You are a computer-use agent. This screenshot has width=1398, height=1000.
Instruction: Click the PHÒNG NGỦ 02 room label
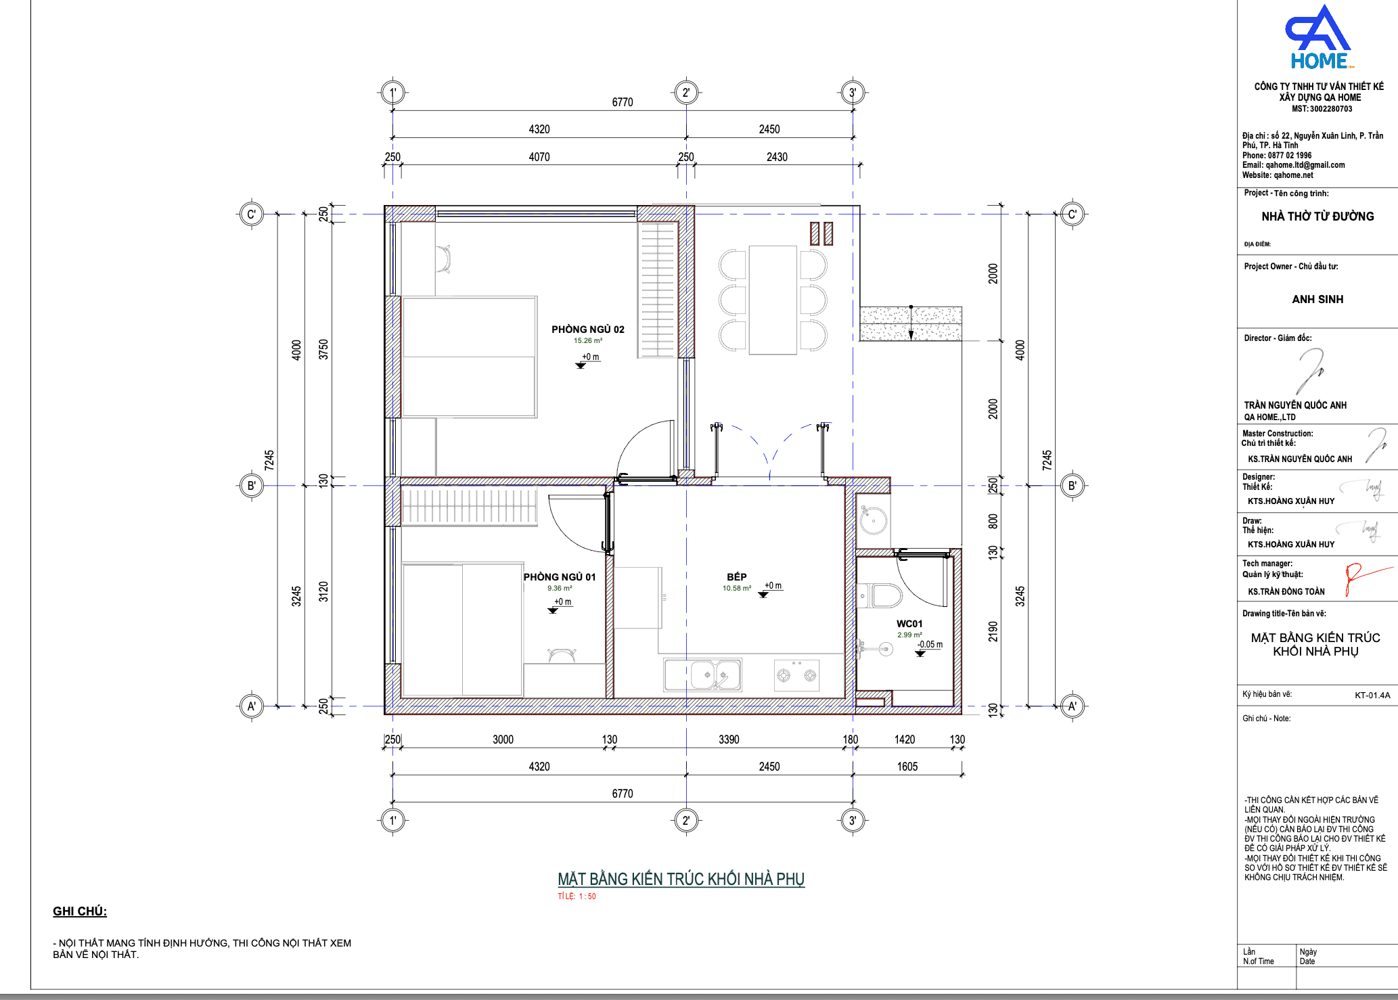pyautogui.click(x=587, y=329)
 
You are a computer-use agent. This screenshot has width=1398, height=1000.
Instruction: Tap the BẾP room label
pyautogui.click(x=737, y=577)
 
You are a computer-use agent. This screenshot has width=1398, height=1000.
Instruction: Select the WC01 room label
pyautogui.click(x=909, y=624)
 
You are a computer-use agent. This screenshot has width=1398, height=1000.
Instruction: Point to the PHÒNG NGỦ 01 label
pyautogui.click(x=560, y=577)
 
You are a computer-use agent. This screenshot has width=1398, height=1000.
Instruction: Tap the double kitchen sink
pyautogui.click(x=703, y=675)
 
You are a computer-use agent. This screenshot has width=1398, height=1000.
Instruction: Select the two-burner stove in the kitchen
pyautogui.click(x=796, y=675)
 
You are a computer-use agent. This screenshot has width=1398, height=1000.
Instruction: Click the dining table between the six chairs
pyautogui.click(x=773, y=300)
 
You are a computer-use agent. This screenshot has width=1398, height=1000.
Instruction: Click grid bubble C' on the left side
pyautogui.click(x=251, y=214)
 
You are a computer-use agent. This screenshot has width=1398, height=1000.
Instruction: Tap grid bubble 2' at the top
pyautogui.click(x=686, y=93)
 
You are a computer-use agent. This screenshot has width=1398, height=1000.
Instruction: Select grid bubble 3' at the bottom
pyautogui.click(x=853, y=821)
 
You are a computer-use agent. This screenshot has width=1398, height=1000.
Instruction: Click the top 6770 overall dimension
pyautogui.click(x=623, y=102)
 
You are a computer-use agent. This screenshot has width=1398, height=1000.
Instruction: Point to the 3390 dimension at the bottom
pyautogui.click(x=729, y=740)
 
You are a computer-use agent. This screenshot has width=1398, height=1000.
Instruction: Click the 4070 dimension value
pyautogui.click(x=539, y=157)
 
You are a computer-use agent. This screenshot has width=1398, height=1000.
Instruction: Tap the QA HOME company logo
pyautogui.click(x=1318, y=38)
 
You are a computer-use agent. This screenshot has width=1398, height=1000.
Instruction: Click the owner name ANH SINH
pyautogui.click(x=1317, y=299)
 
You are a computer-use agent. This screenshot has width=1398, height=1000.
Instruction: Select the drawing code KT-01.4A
pyautogui.click(x=1372, y=695)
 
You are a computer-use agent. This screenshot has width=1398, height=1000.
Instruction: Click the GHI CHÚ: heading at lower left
pyautogui.click(x=80, y=911)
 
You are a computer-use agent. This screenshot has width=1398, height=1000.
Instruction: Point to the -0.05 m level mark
pyautogui.click(x=930, y=645)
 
